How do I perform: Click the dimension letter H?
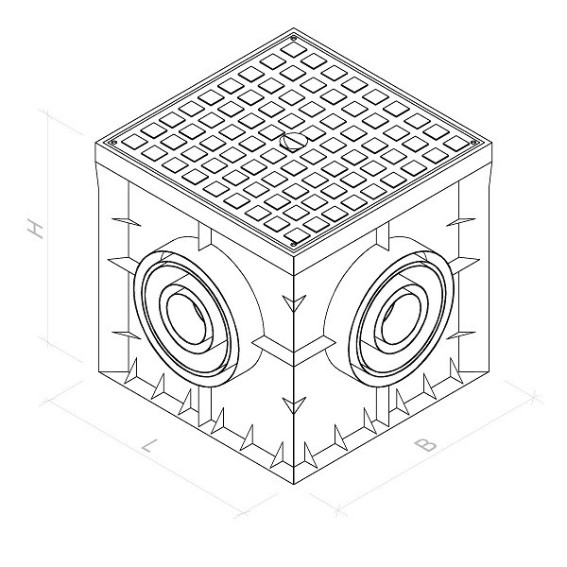pyautogui.click(x=36, y=230)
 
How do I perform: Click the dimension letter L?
pyautogui.click(x=149, y=446)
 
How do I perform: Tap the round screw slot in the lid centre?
pyautogui.click(x=293, y=140)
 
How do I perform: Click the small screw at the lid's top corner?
pyautogui.click(x=293, y=38)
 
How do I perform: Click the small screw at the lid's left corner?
pyautogui.click(x=115, y=143)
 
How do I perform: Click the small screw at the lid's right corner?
pyautogui.click(x=472, y=143)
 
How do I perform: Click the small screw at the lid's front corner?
pyautogui.click(x=294, y=244)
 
